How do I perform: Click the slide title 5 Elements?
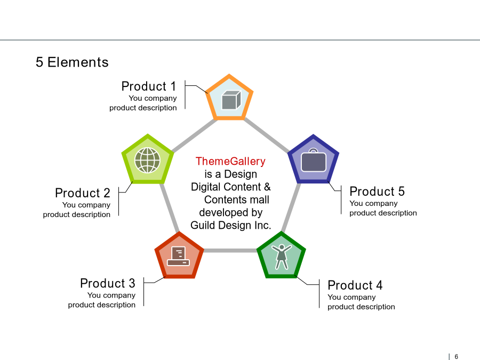[x=72, y=62]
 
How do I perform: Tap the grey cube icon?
[x=231, y=100]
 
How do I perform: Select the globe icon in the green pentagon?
[x=148, y=160]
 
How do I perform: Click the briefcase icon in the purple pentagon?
[x=314, y=161]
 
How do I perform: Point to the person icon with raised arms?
[x=281, y=257]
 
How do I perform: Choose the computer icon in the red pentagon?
[x=179, y=256]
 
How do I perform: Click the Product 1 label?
[x=149, y=86]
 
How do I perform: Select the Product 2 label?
[x=83, y=193]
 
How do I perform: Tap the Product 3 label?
[x=108, y=284]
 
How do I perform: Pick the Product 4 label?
[x=355, y=285]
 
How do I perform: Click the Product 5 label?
[x=377, y=191]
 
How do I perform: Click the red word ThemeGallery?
[x=230, y=161]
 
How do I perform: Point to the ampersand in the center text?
[x=267, y=187]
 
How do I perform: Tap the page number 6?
[x=456, y=357]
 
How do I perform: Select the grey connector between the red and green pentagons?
[x=230, y=251]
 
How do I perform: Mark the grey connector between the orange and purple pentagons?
[x=267, y=135]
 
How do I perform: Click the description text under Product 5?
[x=383, y=208]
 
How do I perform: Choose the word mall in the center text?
[x=260, y=199]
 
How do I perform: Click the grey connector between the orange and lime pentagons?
[x=194, y=135]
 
